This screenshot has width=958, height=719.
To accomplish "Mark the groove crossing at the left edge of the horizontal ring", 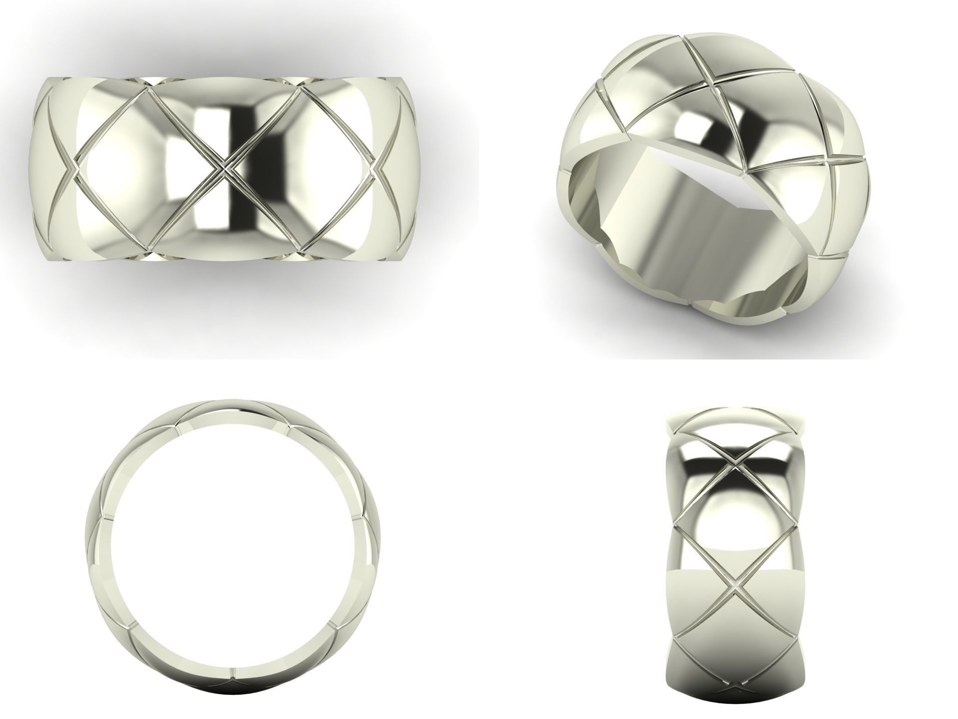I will point(74,169).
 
